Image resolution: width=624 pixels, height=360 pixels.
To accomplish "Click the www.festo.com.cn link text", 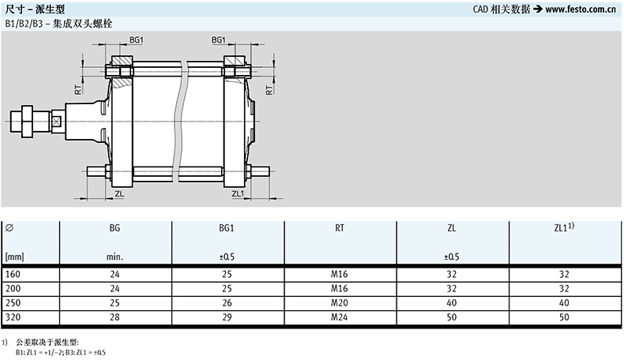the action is click(581, 9).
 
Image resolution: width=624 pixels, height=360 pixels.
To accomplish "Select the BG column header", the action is click(115, 228).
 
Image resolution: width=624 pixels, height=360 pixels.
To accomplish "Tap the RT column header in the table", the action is click(340, 228).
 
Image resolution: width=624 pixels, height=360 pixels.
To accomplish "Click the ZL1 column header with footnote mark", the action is click(564, 227).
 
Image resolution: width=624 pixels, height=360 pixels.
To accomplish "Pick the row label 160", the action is click(13, 274).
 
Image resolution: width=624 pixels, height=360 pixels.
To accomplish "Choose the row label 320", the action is click(13, 317).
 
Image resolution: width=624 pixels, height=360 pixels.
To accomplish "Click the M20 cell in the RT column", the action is click(340, 302).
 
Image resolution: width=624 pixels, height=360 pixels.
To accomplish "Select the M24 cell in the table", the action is click(340, 317).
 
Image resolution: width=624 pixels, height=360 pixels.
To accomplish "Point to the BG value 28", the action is click(115, 317).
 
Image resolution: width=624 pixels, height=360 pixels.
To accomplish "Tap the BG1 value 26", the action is click(227, 302).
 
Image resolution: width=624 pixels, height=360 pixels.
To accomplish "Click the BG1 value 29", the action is click(227, 317).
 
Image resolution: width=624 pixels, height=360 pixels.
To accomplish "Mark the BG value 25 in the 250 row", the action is click(115, 302).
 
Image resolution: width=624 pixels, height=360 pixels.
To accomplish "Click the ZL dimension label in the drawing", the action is click(119, 193).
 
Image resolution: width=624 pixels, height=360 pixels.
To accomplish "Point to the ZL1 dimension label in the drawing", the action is click(238, 193).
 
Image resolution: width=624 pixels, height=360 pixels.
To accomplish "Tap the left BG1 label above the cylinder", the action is click(136, 39).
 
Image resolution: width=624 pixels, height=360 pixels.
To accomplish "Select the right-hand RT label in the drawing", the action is click(269, 90).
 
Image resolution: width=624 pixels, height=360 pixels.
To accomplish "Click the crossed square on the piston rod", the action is click(57, 122).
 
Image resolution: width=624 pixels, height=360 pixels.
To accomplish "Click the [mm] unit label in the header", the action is click(15, 257).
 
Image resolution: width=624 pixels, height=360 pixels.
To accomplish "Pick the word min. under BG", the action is click(115, 257).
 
